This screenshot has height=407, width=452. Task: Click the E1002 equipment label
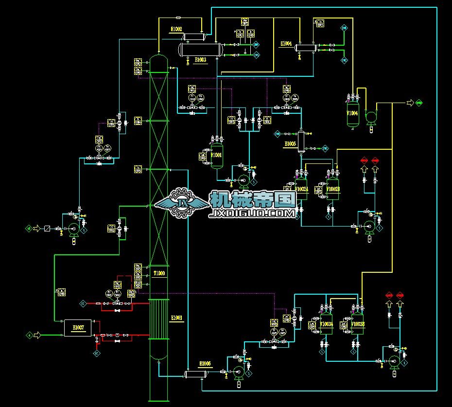coord(176,30)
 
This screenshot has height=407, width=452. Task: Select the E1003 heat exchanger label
coord(200,60)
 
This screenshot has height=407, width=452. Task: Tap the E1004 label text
coord(286,44)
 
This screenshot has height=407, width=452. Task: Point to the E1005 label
coord(290,144)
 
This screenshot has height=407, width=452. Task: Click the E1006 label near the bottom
coord(205,363)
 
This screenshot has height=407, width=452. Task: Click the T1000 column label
coord(159,273)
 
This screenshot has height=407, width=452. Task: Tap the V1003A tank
coord(326,324)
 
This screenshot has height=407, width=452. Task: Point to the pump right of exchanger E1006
coord(239,372)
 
